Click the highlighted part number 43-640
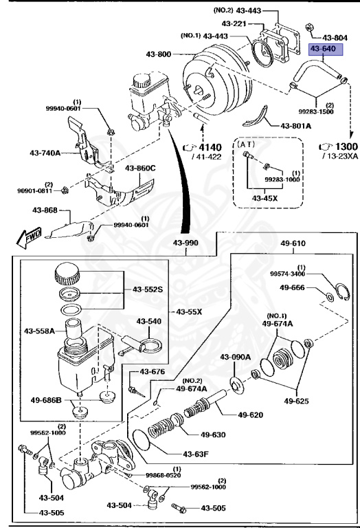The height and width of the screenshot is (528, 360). [x=324, y=49]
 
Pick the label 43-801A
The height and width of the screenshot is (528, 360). [x=295, y=126]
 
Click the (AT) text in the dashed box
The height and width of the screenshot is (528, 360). [x=245, y=146]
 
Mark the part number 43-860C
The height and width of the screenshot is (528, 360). [x=140, y=168]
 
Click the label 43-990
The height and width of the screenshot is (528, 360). [x=185, y=244]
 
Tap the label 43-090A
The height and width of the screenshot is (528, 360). [x=236, y=357]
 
